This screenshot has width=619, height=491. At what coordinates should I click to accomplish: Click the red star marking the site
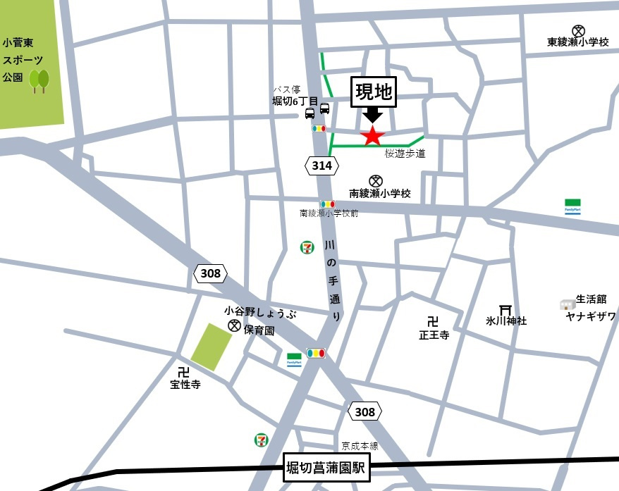(372, 135)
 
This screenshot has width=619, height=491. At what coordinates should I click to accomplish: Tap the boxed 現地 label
(374, 92)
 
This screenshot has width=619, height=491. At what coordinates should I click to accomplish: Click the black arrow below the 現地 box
(373, 115)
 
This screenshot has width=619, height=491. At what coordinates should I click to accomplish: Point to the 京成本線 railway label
(360, 446)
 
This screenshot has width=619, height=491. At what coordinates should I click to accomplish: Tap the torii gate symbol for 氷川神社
(505, 309)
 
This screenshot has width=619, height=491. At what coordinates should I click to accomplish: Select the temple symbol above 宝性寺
(184, 371)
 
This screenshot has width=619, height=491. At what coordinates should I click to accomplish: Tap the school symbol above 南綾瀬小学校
(375, 180)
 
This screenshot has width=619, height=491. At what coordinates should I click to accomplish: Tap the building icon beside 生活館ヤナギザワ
(567, 304)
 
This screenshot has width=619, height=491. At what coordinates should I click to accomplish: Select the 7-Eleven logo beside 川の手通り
(307, 247)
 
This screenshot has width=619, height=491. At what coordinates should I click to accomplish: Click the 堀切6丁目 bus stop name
(295, 101)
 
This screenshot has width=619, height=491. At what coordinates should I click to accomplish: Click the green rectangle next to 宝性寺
(212, 347)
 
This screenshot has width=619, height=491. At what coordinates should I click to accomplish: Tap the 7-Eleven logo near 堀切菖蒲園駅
(262, 440)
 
